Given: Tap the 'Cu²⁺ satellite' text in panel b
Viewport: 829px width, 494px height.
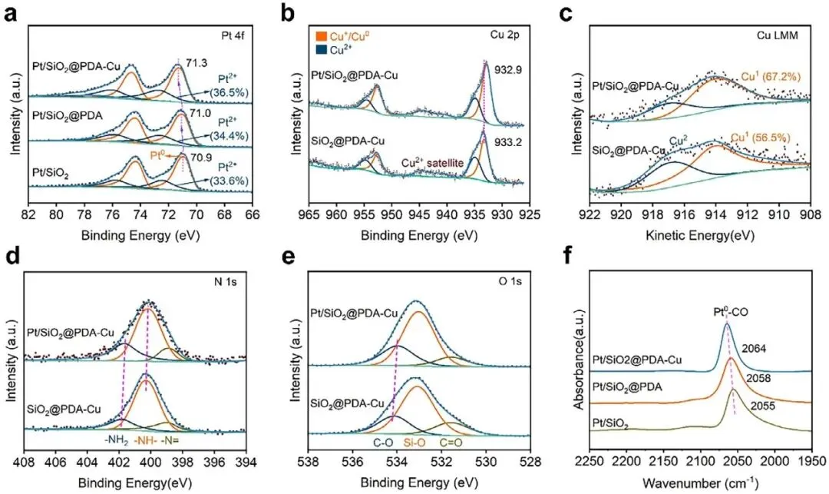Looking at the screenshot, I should point(437,163).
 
